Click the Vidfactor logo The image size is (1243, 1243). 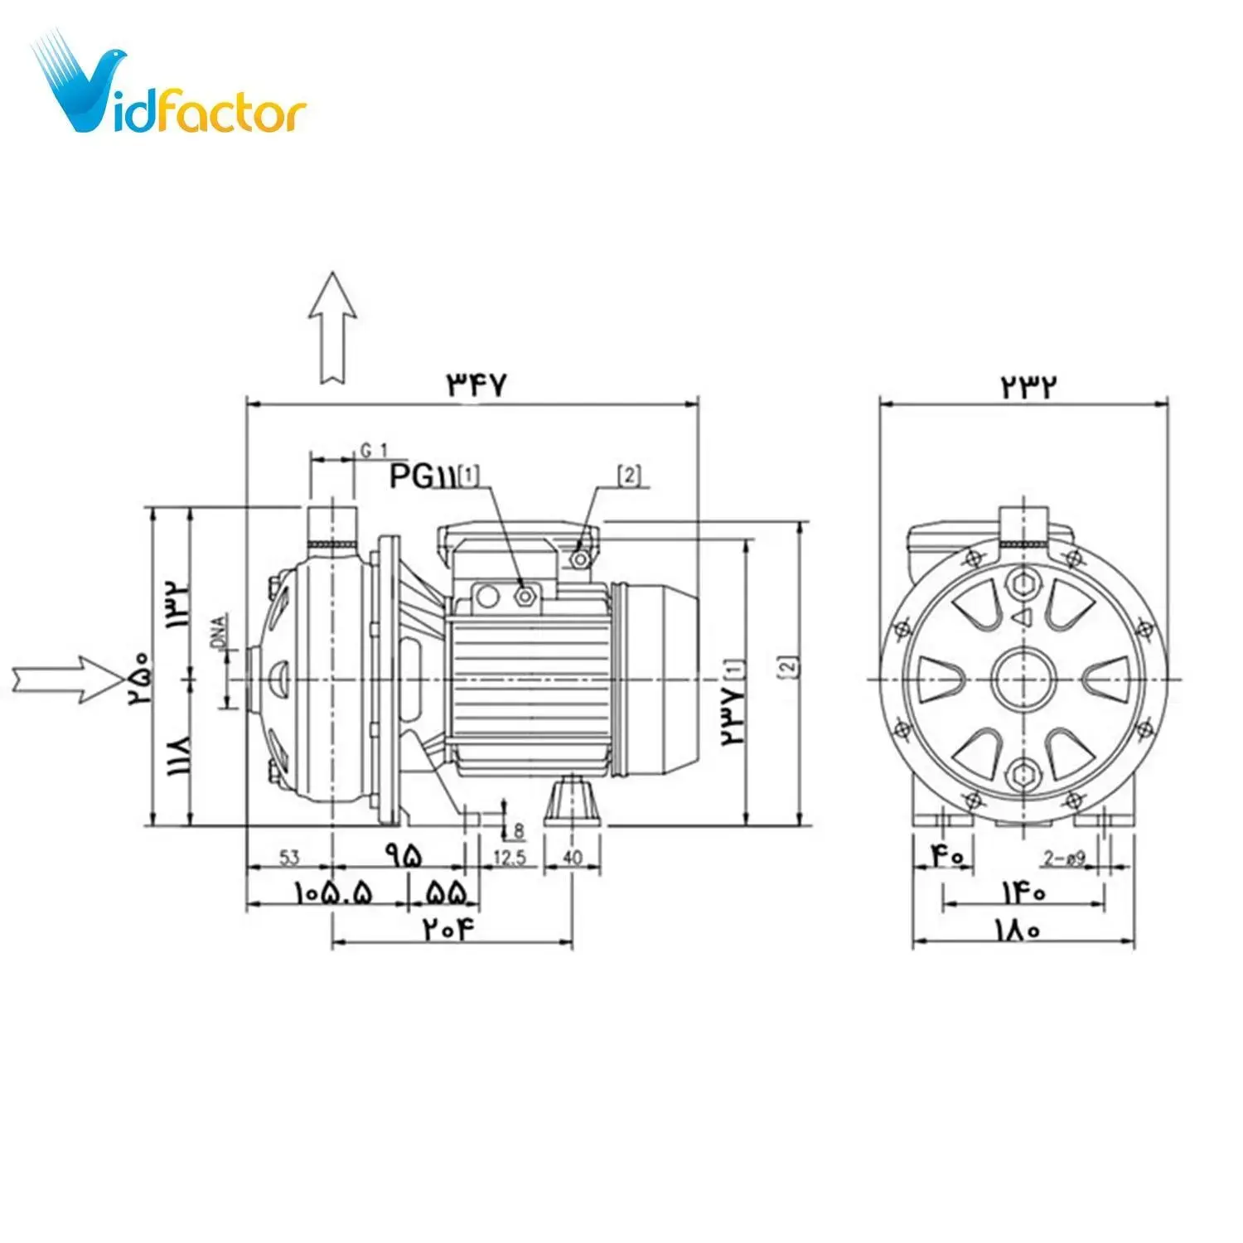point(170,87)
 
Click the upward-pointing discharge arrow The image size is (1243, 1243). point(332,327)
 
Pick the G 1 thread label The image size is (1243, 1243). point(374,450)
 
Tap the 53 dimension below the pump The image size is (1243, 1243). point(289,857)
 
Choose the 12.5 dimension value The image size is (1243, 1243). point(510,857)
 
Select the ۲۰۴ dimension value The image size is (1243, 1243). point(452,929)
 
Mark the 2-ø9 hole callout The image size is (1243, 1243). point(1064,858)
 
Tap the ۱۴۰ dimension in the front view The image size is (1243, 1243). point(1024,892)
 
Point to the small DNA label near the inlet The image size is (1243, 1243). point(219,631)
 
